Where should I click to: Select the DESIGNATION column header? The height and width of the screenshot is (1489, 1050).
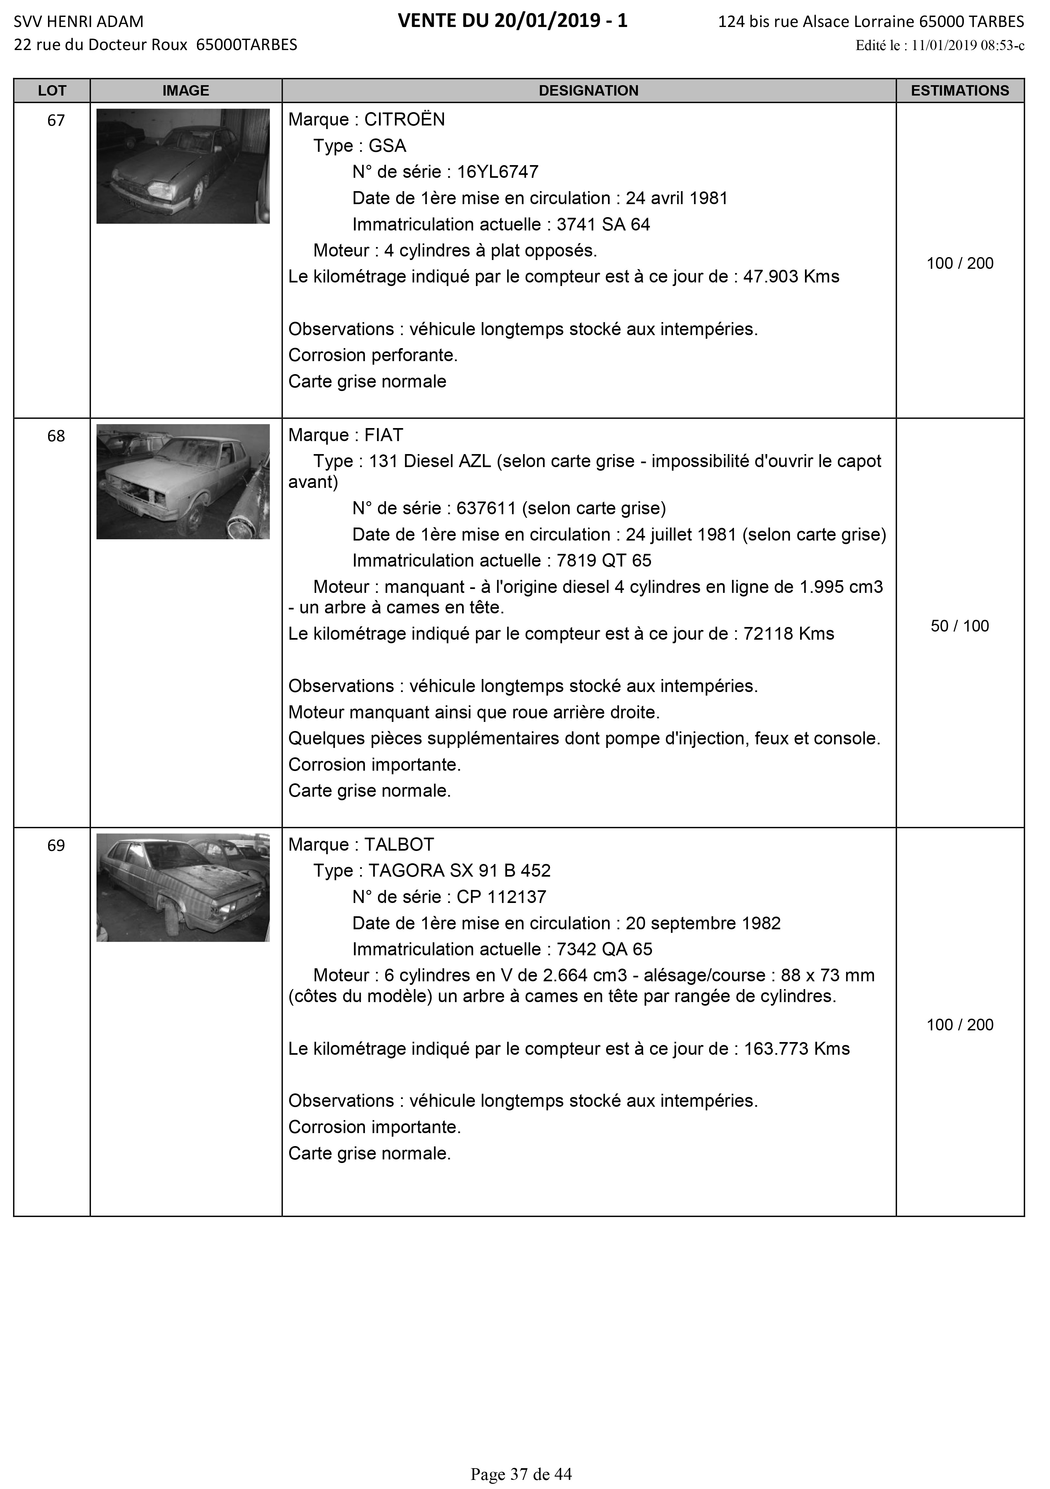tap(588, 91)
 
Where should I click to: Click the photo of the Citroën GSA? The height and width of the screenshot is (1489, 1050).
tap(183, 166)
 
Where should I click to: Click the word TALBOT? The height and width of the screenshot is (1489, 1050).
tap(399, 844)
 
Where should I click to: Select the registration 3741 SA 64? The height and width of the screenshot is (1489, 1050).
tap(603, 224)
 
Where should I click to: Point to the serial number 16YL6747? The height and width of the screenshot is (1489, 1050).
tap(498, 172)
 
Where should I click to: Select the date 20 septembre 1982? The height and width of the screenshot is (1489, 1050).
tap(703, 923)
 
